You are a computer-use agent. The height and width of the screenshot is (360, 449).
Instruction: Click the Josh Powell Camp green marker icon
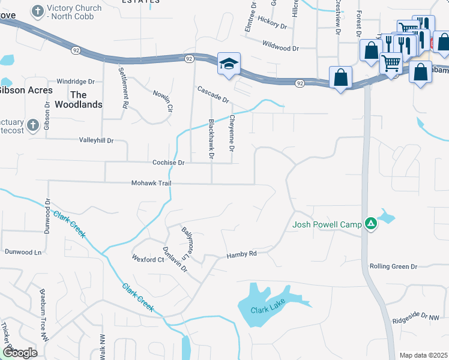(x=372, y=224)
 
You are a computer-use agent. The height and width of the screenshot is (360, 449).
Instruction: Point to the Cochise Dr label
(x=168, y=163)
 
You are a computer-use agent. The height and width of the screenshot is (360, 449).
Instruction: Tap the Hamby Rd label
(x=241, y=254)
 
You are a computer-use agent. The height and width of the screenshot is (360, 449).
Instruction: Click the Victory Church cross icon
(x=38, y=11)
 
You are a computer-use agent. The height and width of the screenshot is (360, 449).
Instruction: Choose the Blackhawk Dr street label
(x=211, y=139)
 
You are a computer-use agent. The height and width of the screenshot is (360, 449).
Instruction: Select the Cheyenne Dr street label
(x=231, y=133)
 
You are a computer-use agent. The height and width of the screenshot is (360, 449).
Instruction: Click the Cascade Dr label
(x=213, y=94)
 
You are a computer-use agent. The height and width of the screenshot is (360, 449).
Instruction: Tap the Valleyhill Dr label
(x=96, y=140)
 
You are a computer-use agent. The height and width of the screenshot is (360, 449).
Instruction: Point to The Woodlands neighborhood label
(x=78, y=100)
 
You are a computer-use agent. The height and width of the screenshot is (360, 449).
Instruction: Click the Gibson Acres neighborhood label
(x=26, y=90)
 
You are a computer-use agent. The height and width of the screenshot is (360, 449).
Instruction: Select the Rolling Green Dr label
(x=393, y=266)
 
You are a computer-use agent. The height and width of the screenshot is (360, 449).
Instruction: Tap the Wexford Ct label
(x=148, y=259)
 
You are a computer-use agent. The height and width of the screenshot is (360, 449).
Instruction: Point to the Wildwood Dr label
(x=280, y=47)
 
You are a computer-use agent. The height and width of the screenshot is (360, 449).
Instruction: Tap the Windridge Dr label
(x=76, y=81)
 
